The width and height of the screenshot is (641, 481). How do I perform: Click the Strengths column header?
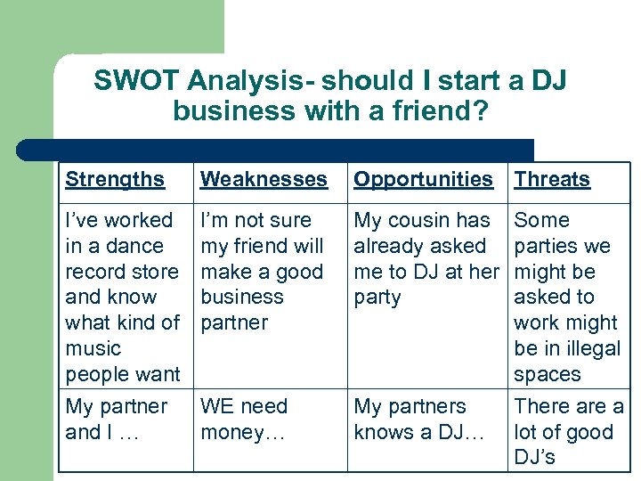tap(115, 180)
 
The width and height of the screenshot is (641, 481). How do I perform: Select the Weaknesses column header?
tap(264, 180)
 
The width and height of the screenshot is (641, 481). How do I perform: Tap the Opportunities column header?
tap(423, 180)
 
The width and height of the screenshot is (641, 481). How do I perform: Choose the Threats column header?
tap(552, 180)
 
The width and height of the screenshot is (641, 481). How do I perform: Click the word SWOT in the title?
tap(137, 81)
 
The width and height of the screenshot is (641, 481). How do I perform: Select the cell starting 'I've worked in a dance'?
tap(123, 297)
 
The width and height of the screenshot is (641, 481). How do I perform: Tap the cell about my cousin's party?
tap(426, 258)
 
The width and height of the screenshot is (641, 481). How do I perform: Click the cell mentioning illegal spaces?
tap(566, 297)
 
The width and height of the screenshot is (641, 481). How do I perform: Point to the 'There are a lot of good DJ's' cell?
tap(568, 432)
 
